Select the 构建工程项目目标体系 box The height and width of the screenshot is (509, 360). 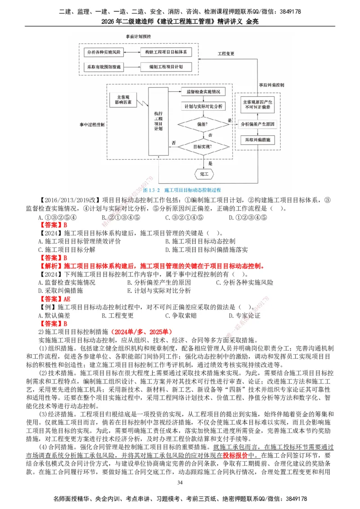click(165, 53)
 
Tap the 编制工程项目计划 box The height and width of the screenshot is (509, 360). click(165, 67)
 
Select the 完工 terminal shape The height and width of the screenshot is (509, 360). click(204, 174)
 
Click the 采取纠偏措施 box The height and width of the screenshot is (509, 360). click(257, 140)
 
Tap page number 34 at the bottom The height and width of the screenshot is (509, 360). click(180, 482)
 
